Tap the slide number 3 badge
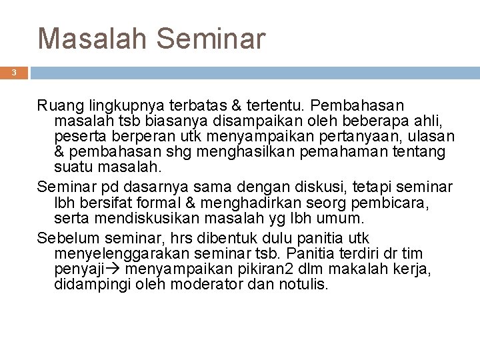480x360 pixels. pos(13,72)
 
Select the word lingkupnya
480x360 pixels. pos(112,106)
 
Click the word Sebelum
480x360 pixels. pos(65,238)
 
